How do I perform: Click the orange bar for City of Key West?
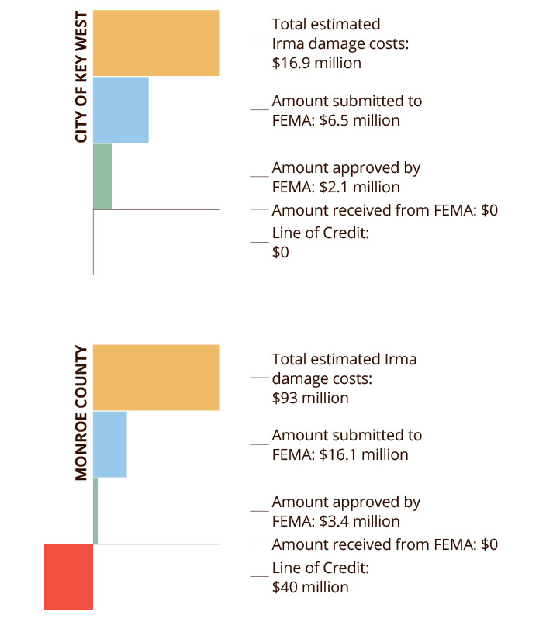tap(156, 43)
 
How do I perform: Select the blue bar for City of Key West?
tap(120, 110)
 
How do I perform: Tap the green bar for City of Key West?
tap(102, 176)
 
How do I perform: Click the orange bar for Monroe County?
tap(156, 378)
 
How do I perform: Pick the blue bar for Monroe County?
tap(109, 444)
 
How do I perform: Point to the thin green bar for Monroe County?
tap(95, 511)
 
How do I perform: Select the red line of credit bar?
tap(69, 577)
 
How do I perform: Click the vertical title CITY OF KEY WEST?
tap(81, 77)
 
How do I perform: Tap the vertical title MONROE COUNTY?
tap(81, 413)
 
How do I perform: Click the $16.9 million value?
tap(316, 64)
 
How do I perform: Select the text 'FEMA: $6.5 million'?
tap(336, 120)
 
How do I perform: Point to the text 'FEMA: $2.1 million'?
tap(336, 187)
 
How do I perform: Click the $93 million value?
tap(310, 398)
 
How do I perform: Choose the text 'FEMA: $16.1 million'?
tap(340, 455)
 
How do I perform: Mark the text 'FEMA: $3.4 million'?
tap(336, 521)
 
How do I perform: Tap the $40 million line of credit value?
tap(310, 587)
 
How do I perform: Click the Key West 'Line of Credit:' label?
tap(320, 233)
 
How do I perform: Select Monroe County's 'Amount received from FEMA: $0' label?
tap(385, 544)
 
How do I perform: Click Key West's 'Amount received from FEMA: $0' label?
tap(385, 210)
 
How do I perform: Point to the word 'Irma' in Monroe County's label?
tap(400, 359)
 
